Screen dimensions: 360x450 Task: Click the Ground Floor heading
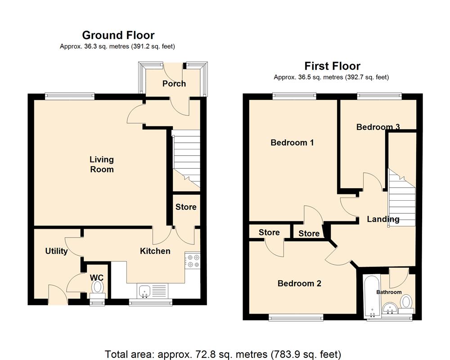[118, 35]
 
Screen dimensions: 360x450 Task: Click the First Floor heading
[332, 66]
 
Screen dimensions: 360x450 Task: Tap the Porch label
[174, 84]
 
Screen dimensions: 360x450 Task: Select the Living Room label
[102, 164]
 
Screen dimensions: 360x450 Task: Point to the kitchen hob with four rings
[192, 261]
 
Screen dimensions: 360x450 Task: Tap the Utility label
[56, 251]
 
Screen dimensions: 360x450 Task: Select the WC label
[97, 277]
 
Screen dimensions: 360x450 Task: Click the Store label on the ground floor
[186, 207]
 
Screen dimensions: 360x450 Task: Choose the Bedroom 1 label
[292, 143]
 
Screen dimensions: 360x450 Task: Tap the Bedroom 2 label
[299, 283]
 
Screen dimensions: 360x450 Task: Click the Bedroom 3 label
[378, 127]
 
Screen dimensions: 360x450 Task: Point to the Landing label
[383, 220]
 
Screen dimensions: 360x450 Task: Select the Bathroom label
[389, 292]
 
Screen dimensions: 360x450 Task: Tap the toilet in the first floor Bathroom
[406, 302]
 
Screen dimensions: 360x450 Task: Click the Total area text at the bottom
[223, 354]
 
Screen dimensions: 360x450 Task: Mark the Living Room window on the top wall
[70, 95]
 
